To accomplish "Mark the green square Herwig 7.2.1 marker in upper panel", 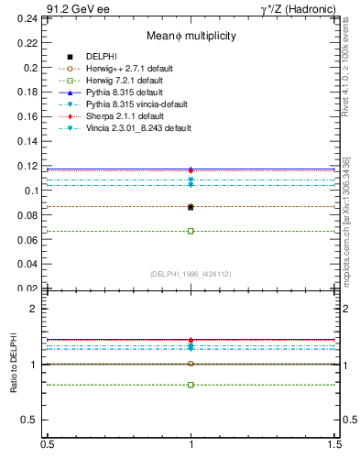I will point(191,231).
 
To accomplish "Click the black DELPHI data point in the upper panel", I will point(191,207).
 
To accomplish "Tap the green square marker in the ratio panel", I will point(191,385).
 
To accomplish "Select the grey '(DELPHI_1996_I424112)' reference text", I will point(191,274).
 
